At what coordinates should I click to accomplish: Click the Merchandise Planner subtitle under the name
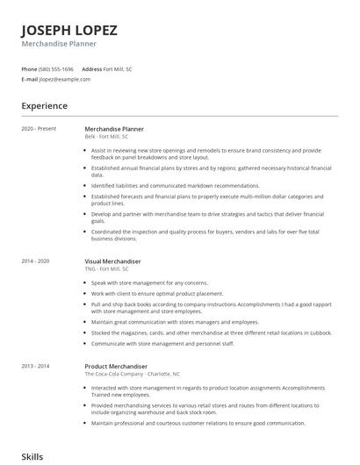[x=59, y=43]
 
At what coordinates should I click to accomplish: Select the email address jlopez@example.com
[x=64, y=79]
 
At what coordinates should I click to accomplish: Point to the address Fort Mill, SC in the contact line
[x=118, y=68]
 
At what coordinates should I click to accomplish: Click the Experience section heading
[x=45, y=106]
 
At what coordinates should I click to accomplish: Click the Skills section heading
[x=32, y=457]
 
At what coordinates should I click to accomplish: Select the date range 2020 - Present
[x=39, y=129]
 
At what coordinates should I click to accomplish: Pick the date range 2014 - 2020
[x=36, y=261]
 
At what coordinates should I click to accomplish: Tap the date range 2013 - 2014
[x=36, y=366]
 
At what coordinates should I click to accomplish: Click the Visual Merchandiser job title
[x=112, y=261]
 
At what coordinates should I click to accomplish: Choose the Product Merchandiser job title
[x=116, y=366]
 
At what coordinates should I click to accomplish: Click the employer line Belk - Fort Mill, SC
[x=106, y=137]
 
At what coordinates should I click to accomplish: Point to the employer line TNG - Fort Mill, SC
[x=106, y=269]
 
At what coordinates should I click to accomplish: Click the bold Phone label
[x=29, y=68]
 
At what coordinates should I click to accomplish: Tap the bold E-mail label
[x=29, y=79]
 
